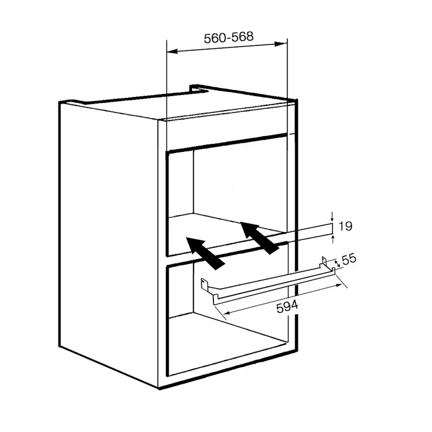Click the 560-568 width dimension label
pyautogui.click(x=229, y=38)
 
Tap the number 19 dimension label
pyautogui.click(x=345, y=226)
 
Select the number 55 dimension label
pyautogui.click(x=349, y=259)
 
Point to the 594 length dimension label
pyautogui.click(x=287, y=307)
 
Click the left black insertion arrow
pyautogui.click(x=206, y=253)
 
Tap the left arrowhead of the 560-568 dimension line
pyautogui.click(x=173, y=52)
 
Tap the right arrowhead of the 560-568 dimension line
pyautogui.click(x=281, y=44)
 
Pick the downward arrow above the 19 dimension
pyautogui.click(x=332, y=217)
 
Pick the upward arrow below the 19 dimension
pyautogui.click(x=333, y=239)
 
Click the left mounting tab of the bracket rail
pyautogui.click(x=204, y=283)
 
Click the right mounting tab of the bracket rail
pyautogui.click(x=325, y=260)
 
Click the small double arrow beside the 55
pyautogui.click(x=337, y=263)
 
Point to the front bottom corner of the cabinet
pyautogui.click(x=159, y=388)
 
